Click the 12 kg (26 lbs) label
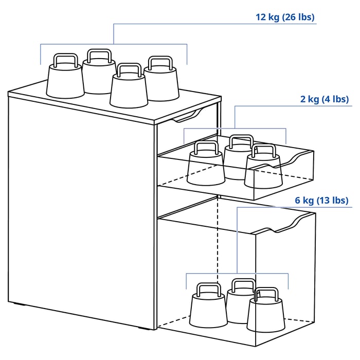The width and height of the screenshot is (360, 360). [x=285, y=17]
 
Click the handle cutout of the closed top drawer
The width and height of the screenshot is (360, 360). [x=187, y=116]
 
